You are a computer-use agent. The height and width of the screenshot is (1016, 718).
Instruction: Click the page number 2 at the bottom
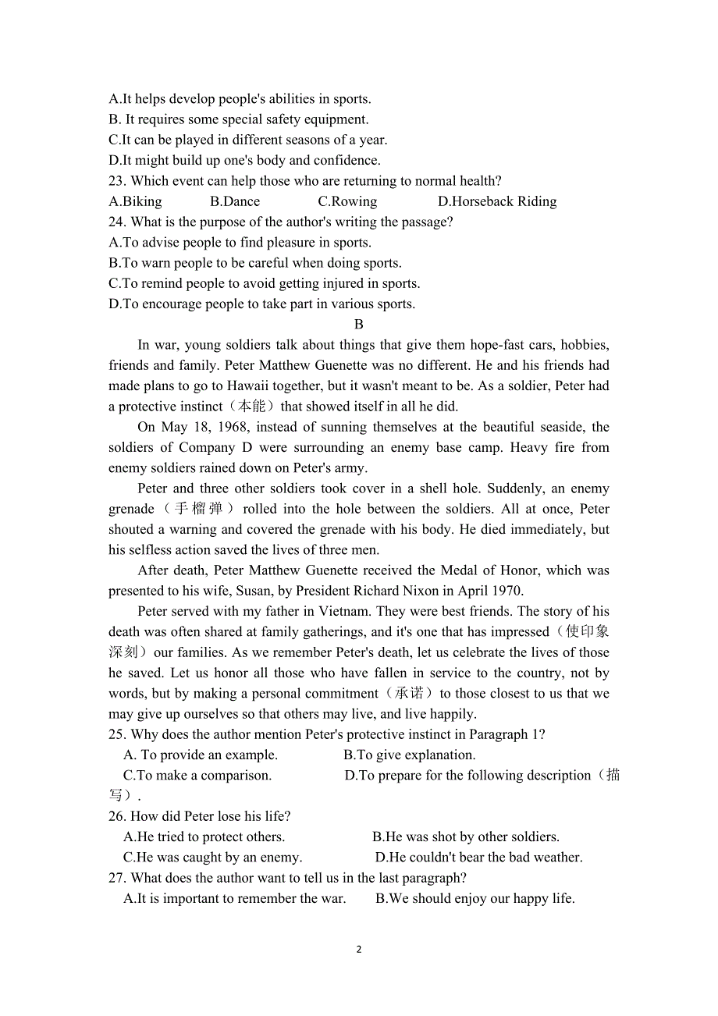coord(359,950)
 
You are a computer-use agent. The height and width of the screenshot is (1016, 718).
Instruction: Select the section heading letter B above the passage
coord(359,324)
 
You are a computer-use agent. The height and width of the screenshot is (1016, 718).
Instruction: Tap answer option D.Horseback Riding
coord(497,201)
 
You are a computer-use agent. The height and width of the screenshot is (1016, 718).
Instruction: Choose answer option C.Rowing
coord(347,201)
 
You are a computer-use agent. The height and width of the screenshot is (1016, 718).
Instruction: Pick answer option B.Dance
coord(235,201)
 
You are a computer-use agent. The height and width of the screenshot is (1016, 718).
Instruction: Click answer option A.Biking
coord(136,201)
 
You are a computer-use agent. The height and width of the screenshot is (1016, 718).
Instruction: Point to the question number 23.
coord(117,181)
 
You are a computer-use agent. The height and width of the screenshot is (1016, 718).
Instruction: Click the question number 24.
coord(117,222)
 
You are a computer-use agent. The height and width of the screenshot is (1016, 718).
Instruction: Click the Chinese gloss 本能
coord(251,406)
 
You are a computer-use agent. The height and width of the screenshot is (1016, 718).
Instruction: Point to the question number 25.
coord(117,734)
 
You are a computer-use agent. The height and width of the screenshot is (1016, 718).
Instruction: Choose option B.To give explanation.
coord(410,755)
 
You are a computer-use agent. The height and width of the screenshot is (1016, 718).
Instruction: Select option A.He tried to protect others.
coord(204,837)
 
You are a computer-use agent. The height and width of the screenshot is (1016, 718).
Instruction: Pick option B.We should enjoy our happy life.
coord(475,898)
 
